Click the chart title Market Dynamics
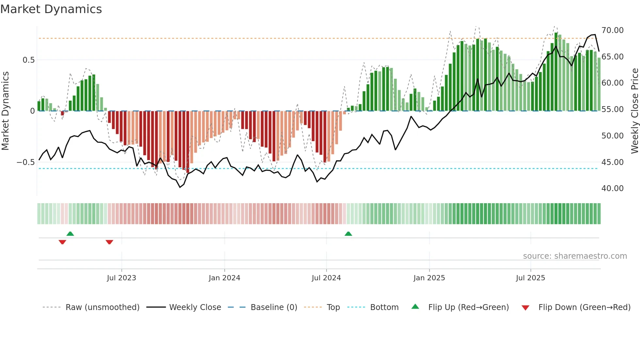[51, 9]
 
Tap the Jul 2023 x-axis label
[121, 278]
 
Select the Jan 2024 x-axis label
[224, 278]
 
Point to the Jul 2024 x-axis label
[326, 278]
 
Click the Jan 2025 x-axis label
[429, 278]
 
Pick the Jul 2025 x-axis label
[531, 278]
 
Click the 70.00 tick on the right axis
[613, 30]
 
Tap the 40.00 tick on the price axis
[613, 188]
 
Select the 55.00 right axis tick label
[613, 109]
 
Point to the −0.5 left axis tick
[25, 162]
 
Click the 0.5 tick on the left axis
[28, 60]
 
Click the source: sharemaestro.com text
[575, 256]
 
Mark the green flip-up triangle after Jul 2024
[348, 234]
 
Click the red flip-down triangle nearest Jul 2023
[109, 242]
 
